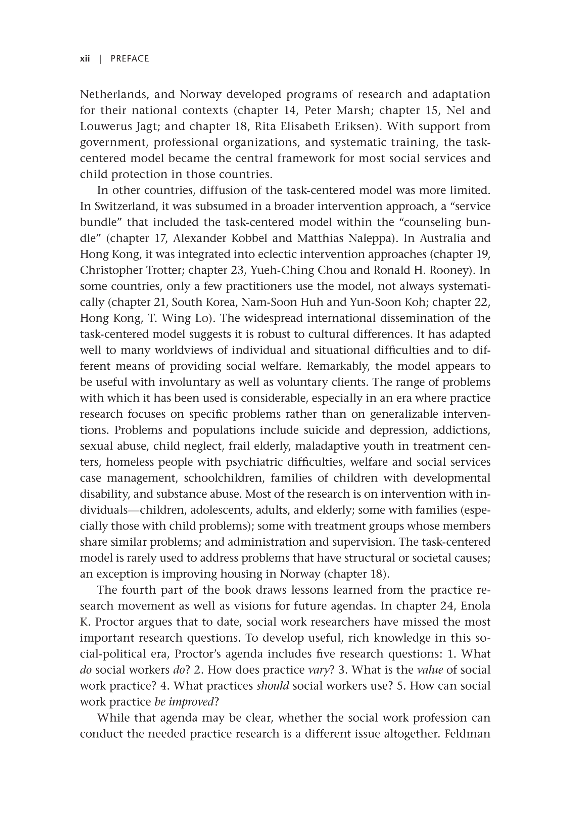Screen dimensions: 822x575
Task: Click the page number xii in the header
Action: click(85, 59)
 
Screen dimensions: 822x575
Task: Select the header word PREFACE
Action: click(130, 59)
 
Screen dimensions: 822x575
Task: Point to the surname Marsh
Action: click(354, 110)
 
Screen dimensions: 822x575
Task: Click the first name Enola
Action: click(475, 606)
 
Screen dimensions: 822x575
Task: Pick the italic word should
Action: click(273, 686)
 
